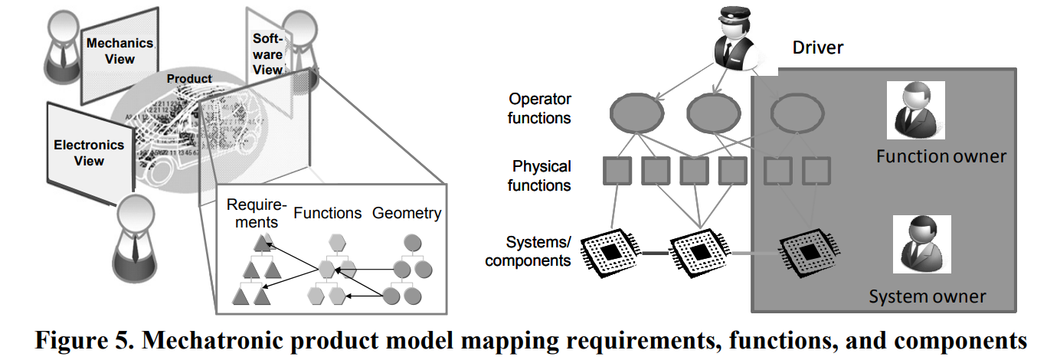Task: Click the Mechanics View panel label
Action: click(x=120, y=51)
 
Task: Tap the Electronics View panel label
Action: click(x=89, y=153)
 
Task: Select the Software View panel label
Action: click(x=268, y=54)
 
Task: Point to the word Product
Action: click(x=189, y=79)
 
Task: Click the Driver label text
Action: click(x=817, y=47)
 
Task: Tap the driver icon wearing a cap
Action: click(x=734, y=38)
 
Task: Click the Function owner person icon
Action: click(x=916, y=110)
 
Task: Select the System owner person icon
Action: click(x=921, y=244)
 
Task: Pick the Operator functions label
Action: click(x=539, y=109)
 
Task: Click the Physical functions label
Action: click(x=539, y=176)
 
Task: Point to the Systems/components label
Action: click(x=528, y=251)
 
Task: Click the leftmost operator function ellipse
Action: click(x=636, y=113)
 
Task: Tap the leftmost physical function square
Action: click(x=617, y=171)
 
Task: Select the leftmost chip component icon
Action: click(x=610, y=253)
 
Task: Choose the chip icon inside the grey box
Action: click(x=809, y=253)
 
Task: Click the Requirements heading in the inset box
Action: click(x=256, y=213)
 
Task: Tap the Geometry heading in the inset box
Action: click(x=407, y=213)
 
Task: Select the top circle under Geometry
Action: click(x=412, y=243)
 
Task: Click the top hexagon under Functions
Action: click(x=337, y=243)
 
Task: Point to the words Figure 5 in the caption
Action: click(x=84, y=340)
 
